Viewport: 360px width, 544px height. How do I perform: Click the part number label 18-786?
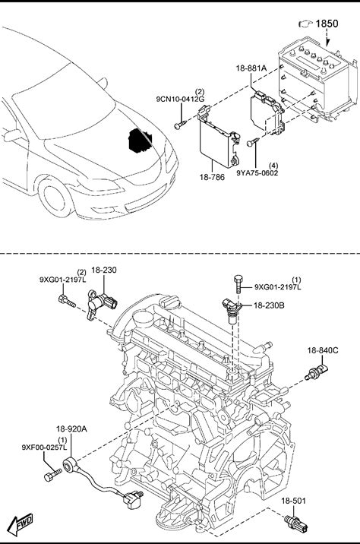click(x=212, y=177)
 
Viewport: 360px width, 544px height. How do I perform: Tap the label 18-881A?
click(x=251, y=68)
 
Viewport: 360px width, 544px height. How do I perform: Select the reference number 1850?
click(x=327, y=24)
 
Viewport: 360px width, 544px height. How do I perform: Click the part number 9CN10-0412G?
click(x=180, y=100)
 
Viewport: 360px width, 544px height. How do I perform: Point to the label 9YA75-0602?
click(x=257, y=172)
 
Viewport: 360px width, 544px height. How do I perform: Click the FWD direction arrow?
click(x=21, y=524)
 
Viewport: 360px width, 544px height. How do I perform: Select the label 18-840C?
click(x=323, y=350)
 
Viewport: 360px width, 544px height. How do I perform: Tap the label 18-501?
click(x=293, y=501)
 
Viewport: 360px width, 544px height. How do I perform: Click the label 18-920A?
click(x=71, y=429)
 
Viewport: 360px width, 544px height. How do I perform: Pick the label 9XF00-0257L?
click(x=44, y=448)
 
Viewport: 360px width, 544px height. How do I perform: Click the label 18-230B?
click(x=269, y=305)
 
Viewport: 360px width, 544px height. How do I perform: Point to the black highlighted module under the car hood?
click(x=140, y=140)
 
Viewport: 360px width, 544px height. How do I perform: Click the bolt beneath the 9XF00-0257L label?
click(x=52, y=475)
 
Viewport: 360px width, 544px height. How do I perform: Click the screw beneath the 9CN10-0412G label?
click(x=180, y=124)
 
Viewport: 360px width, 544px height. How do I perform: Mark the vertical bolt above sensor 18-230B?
click(x=238, y=284)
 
